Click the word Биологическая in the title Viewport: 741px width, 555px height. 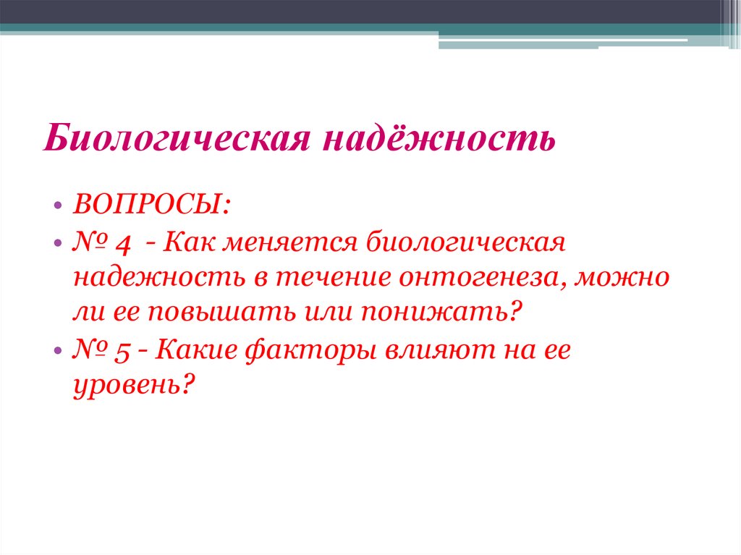tap(172, 137)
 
